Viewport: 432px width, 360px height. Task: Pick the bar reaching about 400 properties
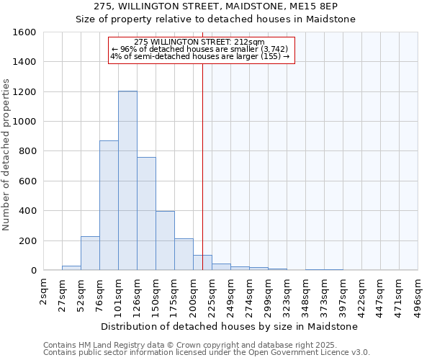click(x=165, y=240)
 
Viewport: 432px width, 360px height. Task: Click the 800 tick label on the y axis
click(x=27, y=151)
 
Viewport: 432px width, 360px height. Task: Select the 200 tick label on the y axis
click(x=27, y=240)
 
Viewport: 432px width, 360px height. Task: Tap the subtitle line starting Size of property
click(x=216, y=19)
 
